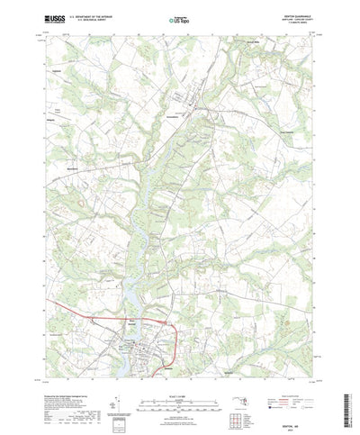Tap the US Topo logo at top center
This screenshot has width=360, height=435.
(179, 17)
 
